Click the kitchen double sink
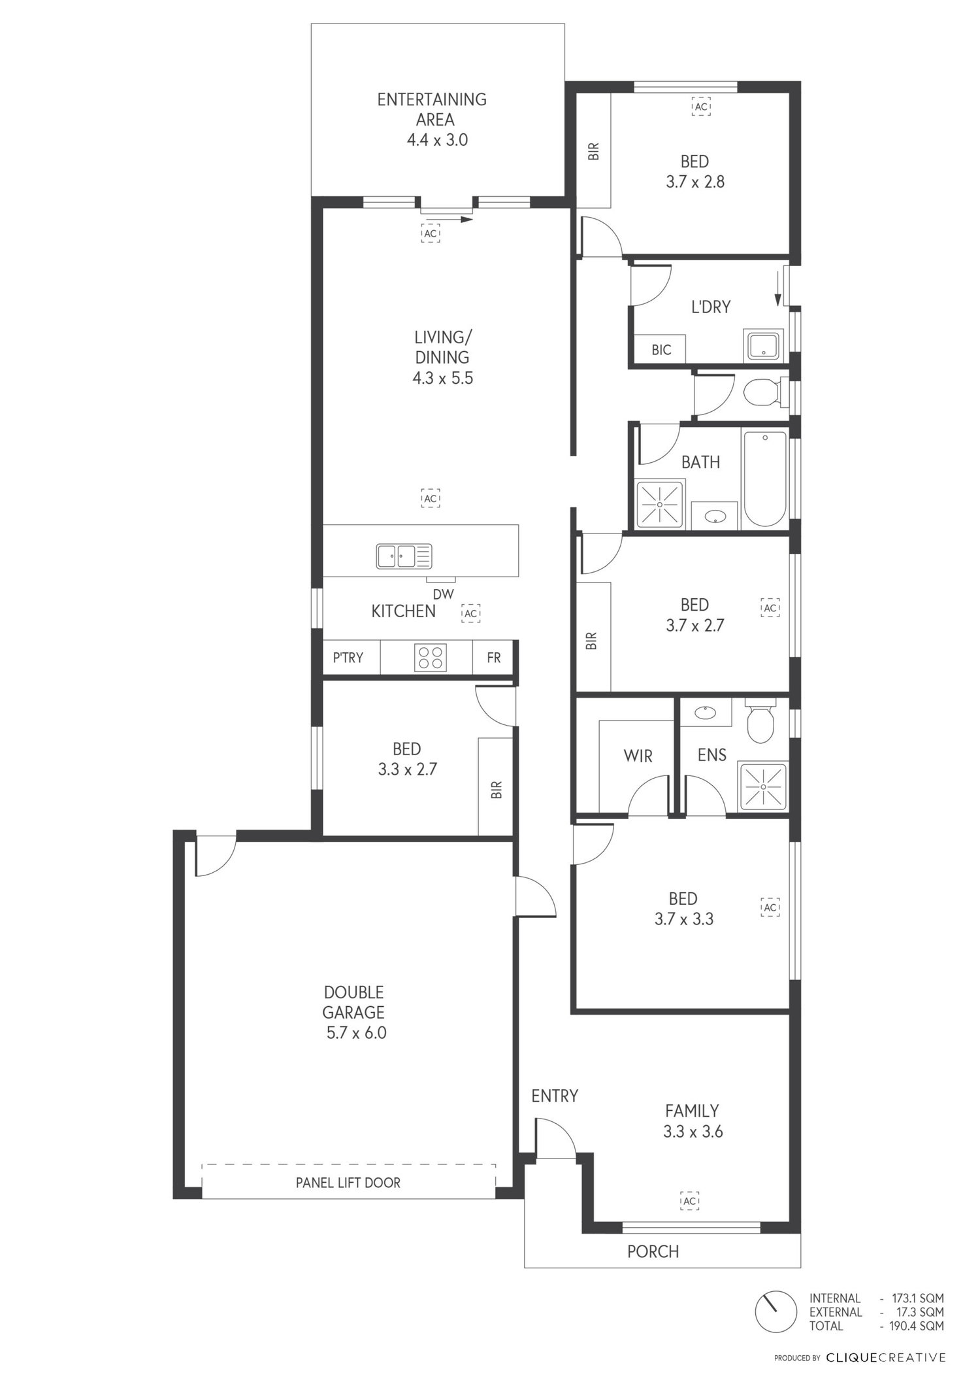coord(404,556)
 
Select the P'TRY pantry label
coord(348,658)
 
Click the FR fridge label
coord(494,658)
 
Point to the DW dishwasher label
coord(443,594)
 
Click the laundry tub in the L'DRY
coord(762,345)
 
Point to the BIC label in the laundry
coord(661,350)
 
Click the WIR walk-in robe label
coord(638,756)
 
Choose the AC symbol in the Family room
coord(690,1201)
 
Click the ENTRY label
coord(555,1096)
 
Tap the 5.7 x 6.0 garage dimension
coord(357,1033)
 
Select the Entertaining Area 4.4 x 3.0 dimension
coord(437,140)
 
